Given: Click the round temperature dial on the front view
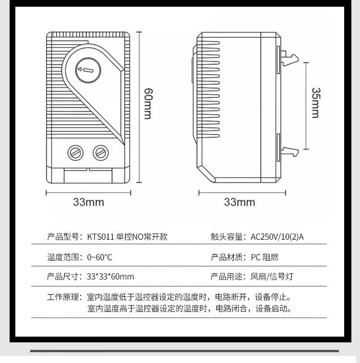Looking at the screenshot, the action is tap(87, 70).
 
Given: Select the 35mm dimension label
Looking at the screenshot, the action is tap(315, 102).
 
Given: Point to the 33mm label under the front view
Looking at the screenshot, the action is tap(88, 202).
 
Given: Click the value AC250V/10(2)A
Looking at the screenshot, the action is tap(277, 236).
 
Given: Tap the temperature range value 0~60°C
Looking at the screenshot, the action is tap(99, 257).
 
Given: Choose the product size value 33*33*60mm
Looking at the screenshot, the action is tap(110, 277).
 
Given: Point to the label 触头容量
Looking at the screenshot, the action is tap(228, 236).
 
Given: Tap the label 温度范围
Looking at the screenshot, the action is tap(64, 257).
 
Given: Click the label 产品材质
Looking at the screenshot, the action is tap(228, 257).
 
